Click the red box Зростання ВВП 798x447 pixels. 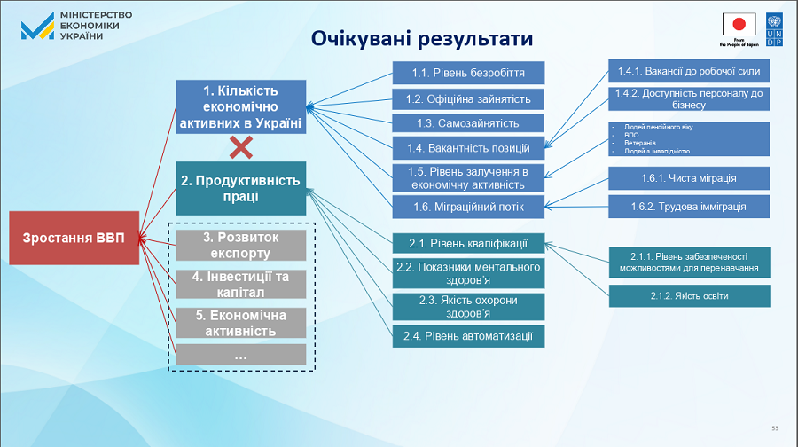(75, 238)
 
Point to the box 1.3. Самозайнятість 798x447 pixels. (468, 122)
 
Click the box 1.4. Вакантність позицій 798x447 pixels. (468, 148)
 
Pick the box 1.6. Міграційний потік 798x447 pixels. (468, 208)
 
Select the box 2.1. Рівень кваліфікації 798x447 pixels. (468, 242)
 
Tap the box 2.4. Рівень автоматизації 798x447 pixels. (468, 335)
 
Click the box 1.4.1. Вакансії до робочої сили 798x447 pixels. (688, 71)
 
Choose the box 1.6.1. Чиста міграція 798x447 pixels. (688, 177)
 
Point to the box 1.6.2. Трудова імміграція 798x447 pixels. (688, 207)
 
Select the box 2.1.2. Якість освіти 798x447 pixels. (688, 295)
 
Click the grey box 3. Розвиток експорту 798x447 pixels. (241, 246)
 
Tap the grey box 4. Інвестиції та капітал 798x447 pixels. (241, 284)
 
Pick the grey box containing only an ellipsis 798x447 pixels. (241, 355)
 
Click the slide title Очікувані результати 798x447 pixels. (422, 39)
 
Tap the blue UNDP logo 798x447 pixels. (774, 29)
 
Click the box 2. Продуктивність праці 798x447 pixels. (241, 188)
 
